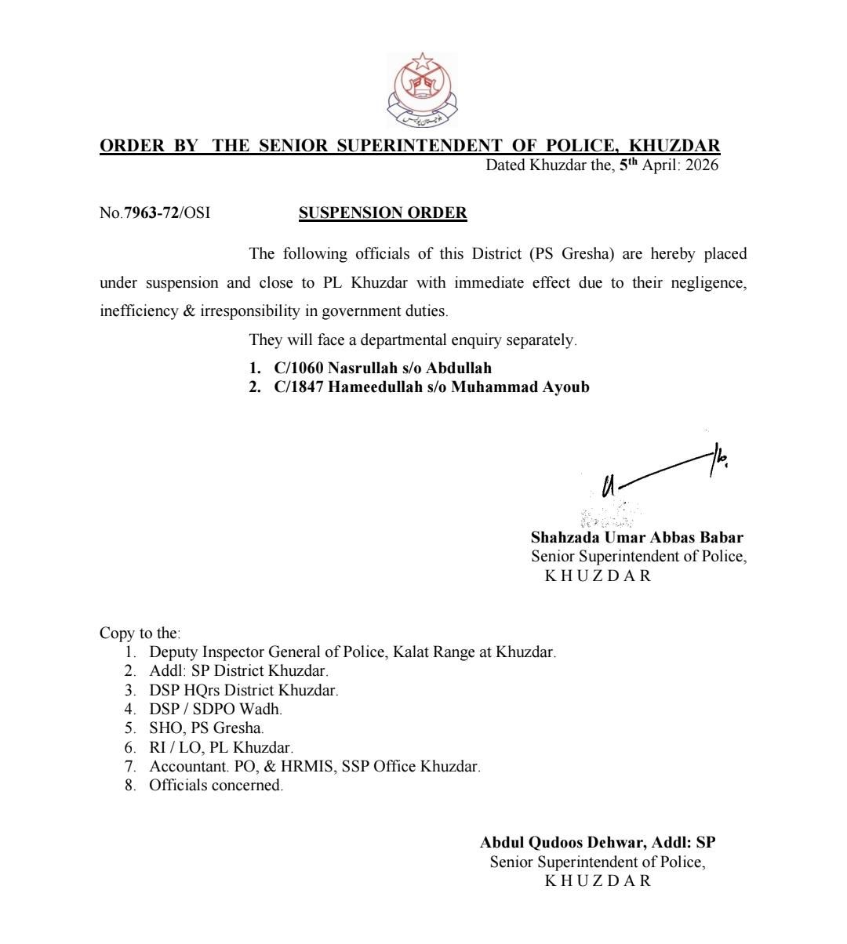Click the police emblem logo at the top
click(x=423, y=92)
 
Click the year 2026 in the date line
click(x=701, y=165)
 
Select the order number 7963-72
click(x=151, y=212)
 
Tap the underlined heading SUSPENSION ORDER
click(x=383, y=212)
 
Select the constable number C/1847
click(x=299, y=387)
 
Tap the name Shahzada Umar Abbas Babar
click(x=637, y=538)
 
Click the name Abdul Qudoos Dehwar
click(x=562, y=843)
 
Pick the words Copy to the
click(x=140, y=633)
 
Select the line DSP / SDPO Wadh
click(x=215, y=709)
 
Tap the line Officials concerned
click(x=216, y=785)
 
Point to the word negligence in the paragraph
click(x=709, y=282)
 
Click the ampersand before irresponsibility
click(x=188, y=310)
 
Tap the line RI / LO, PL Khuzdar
click(x=220, y=747)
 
